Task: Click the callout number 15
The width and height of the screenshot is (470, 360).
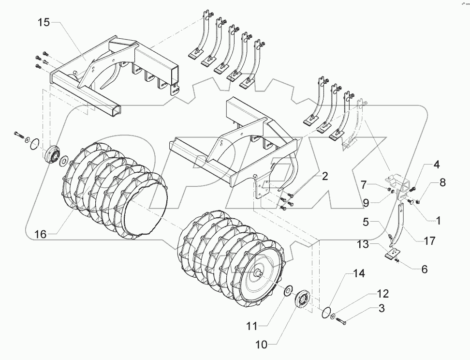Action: pos(44,23)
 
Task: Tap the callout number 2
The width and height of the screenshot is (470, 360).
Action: pos(324,176)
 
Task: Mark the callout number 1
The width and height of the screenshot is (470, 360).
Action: pos(438,221)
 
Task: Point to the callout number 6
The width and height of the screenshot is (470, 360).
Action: pos(424,270)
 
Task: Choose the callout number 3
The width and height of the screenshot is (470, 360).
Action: pos(382,308)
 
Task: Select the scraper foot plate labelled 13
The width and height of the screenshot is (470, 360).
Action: pos(391,253)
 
